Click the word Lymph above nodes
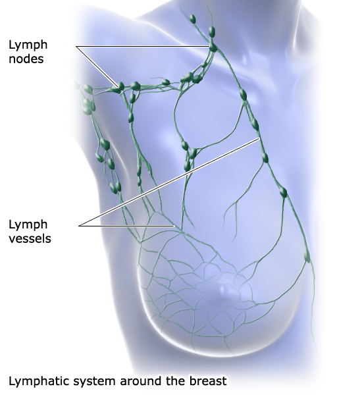[28, 45]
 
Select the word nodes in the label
[26, 59]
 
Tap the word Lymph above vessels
[28, 225]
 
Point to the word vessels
[30, 238]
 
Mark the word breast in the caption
[208, 381]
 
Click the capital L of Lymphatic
[12, 381]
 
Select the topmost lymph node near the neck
[192, 18]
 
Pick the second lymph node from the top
[212, 32]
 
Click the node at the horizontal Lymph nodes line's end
[213, 47]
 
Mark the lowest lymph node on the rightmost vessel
[307, 255]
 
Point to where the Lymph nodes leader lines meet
[76, 46]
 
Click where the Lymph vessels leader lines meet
[79, 226]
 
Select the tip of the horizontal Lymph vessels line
[174, 226]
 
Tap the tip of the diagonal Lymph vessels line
[259, 138]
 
